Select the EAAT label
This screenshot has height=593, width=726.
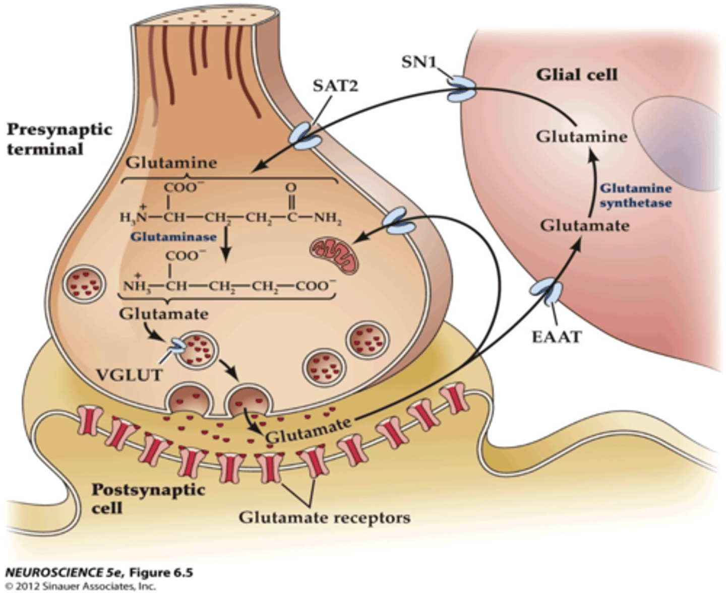click(x=557, y=336)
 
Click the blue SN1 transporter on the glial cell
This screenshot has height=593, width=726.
click(x=460, y=89)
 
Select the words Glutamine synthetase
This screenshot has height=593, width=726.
click(x=636, y=195)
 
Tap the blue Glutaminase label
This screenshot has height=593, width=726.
click(x=173, y=236)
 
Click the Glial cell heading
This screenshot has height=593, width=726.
click(x=577, y=75)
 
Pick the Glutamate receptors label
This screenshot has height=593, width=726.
click(x=324, y=517)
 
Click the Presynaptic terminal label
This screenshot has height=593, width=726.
click(x=59, y=139)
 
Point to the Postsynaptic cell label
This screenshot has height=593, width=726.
click(x=148, y=498)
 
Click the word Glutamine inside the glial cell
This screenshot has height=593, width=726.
click(x=581, y=137)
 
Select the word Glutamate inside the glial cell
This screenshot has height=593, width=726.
click(x=584, y=225)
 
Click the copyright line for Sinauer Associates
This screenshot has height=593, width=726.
click(x=81, y=586)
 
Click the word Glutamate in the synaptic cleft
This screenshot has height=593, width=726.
click(x=308, y=430)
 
